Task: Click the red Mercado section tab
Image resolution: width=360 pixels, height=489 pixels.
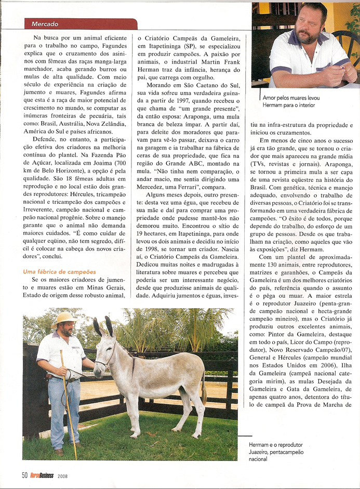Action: [x=81, y=24]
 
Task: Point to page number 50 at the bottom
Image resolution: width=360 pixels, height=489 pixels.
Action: [x=24, y=475]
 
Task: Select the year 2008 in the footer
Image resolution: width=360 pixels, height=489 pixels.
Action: [x=62, y=475]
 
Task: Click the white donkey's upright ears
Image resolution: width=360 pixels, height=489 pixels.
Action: [x=103, y=327]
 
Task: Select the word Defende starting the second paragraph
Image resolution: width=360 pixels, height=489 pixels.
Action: [x=46, y=140]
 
